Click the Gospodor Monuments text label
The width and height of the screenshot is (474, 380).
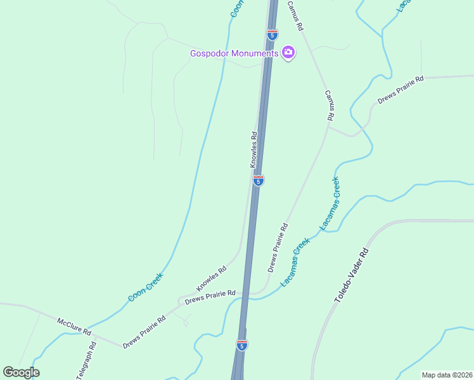click(x=234, y=53)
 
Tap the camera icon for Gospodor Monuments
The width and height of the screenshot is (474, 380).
click(x=288, y=53)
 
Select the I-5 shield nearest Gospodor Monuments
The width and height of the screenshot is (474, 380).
click(x=272, y=35)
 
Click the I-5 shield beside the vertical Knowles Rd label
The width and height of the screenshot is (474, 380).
click(x=258, y=180)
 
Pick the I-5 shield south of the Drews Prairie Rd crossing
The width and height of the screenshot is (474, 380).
click(x=241, y=345)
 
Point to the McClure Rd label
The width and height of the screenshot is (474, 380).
click(x=74, y=327)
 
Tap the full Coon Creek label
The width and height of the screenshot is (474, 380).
click(x=146, y=286)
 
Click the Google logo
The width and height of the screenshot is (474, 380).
click(x=21, y=372)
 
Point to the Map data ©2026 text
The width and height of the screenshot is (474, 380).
click(x=446, y=375)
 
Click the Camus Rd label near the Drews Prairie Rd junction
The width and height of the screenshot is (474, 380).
click(x=330, y=105)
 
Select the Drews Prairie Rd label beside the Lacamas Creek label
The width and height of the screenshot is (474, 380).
click(x=278, y=247)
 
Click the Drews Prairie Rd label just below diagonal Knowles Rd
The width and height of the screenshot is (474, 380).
click(x=210, y=296)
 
